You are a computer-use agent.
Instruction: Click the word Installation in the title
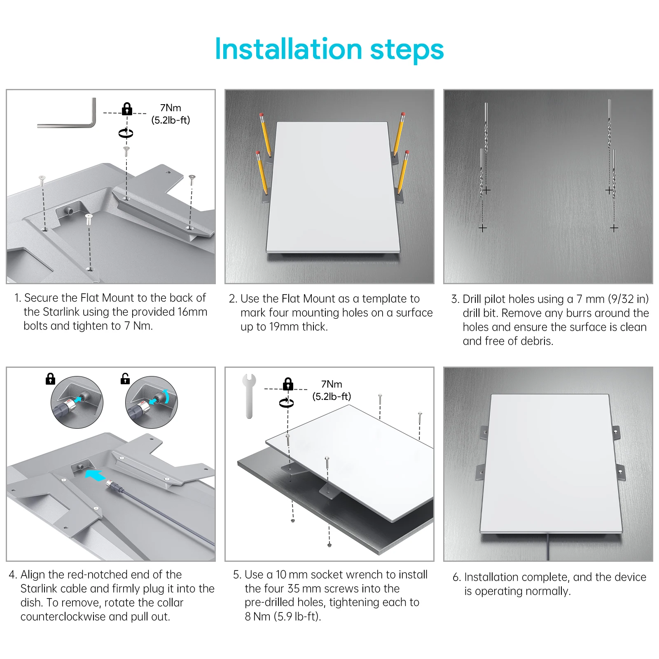pyautogui.click(x=288, y=49)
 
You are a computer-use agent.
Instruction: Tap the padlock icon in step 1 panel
pyautogui.click(x=127, y=109)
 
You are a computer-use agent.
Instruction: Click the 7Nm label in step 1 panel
pyautogui.click(x=171, y=108)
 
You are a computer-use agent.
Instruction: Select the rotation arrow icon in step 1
pyautogui.click(x=126, y=133)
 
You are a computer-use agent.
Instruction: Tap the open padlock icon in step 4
pyautogui.click(x=125, y=379)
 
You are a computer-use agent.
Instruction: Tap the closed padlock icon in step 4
pyautogui.click(x=50, y=379)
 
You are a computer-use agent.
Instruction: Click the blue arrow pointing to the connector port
pyautogui.click(x=95, y=475)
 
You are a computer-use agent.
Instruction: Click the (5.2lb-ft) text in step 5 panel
pyautogui.click(x=332, y=397)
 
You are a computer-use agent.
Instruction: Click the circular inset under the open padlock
pyautogui.click(x=151, y=402)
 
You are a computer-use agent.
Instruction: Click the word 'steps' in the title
pyautogui.click(x=407, y=49)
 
